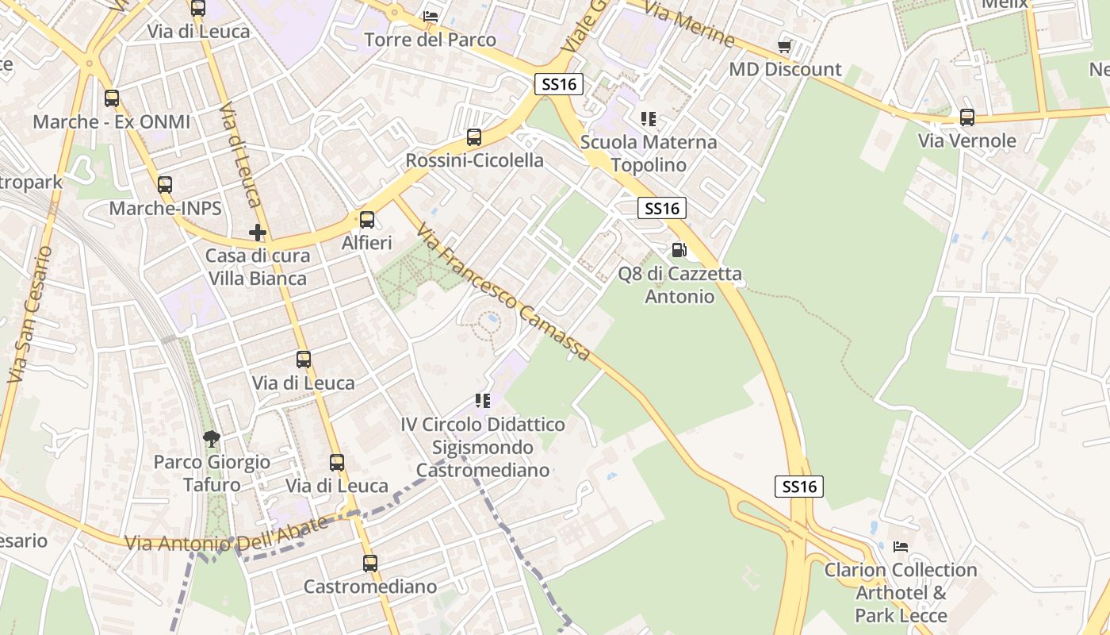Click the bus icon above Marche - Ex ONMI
tap(112, 98)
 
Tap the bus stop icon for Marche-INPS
tap(165, 185)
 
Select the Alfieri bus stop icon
tap(367, 220)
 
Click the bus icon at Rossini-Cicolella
tap(474, 137)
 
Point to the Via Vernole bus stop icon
tap(967, 117)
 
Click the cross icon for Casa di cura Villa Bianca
tap(258, 233)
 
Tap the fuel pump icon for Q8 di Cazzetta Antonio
tap(679, 250)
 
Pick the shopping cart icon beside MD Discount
tap(785, 46)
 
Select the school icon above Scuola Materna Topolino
tap(649, 119)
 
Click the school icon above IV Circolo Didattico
tap(482, 401)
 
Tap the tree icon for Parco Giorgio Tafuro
tap(211, 438)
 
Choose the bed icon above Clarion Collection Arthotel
tap(901, 546)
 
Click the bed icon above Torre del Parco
tap(431, 16)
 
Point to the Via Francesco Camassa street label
tap(503, 293)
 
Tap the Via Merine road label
tap(689, 23)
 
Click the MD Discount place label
tap(785, 69)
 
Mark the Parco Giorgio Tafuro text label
tap(212, 473)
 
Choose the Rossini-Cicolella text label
tap(475, 160)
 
